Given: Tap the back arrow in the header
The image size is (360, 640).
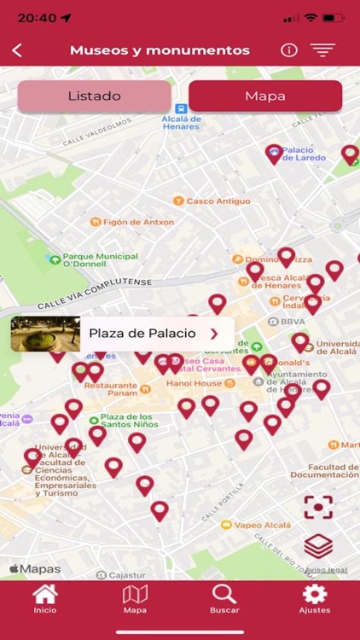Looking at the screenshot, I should click(17, 50).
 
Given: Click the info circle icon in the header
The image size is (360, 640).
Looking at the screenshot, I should click(289, 49).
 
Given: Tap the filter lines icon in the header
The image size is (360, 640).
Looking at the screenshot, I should click(322, 49).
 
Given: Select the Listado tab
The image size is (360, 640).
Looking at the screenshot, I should click(94, 96).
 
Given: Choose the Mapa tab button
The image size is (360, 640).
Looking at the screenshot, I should click(265, 96).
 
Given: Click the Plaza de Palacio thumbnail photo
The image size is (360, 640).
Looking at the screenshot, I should click(45, 334).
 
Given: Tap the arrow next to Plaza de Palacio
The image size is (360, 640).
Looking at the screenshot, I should click(214, 334).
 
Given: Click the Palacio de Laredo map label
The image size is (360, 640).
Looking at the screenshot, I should click(304, 154).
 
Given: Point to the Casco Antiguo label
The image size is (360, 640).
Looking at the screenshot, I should click(218, 201).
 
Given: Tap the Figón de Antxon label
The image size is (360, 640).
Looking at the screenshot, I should click(138, 222).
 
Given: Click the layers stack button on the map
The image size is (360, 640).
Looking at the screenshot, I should click(317, 545).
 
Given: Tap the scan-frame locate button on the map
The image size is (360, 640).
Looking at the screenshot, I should click(317, 507).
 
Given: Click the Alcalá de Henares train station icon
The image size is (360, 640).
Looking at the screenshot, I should click(181, 109).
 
